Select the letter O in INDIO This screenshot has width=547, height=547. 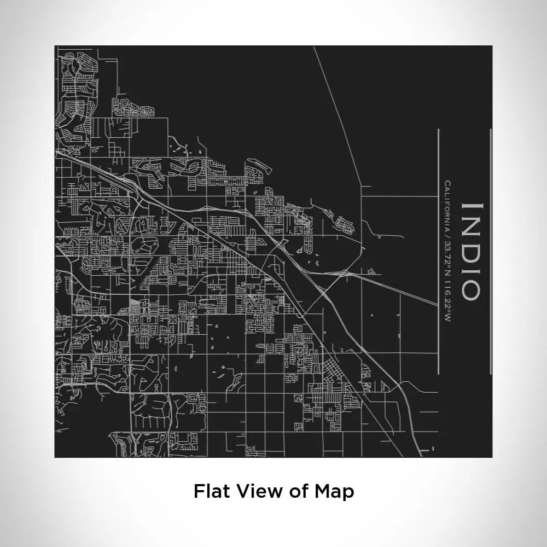(x=472, y=289)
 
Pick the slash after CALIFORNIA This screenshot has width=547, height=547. (x=447, y=232)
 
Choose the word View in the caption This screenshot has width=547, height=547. (x=257, y=491)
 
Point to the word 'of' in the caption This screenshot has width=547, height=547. (x=299, y=491)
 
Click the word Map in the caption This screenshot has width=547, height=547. (x=334, y=491)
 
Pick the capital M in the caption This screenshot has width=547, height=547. (x=322, y=491)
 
